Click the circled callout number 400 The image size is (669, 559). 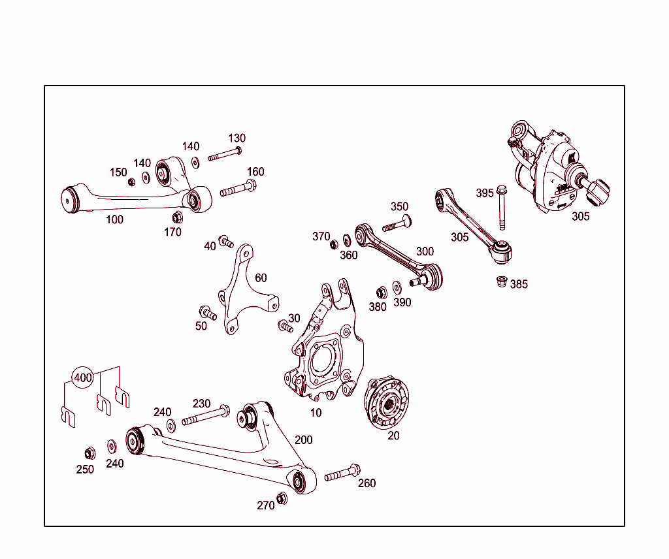[83, 377]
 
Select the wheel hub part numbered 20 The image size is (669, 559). [389, 402]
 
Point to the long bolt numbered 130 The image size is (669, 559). [225, 154]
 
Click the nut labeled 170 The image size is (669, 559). [176, 217]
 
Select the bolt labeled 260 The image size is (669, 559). [342, 473]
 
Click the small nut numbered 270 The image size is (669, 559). [282, 498]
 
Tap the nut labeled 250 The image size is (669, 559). [90, 453]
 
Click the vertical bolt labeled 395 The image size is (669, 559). [502, 208]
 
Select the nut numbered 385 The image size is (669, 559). [501, 282]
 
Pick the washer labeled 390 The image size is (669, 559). [397, 287]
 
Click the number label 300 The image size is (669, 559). [425, 251]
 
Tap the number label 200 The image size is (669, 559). [303, 439]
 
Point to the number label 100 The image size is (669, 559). [114, 219]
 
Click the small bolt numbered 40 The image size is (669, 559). [225, 241]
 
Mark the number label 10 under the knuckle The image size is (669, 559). [316, 413]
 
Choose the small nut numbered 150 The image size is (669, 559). [131, 182]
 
